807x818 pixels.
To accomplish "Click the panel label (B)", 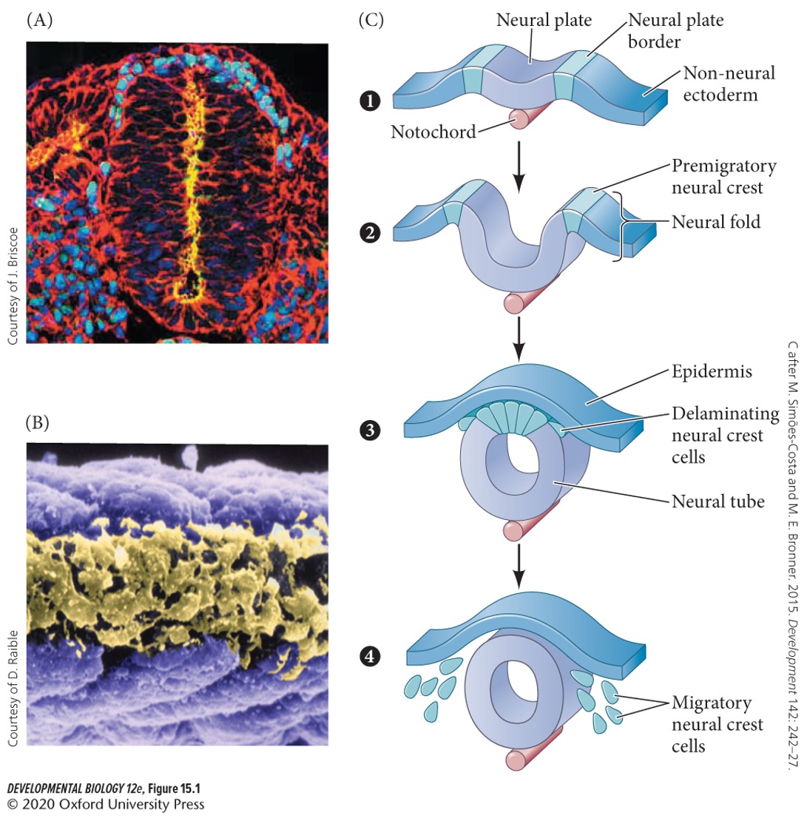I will (x=40, y=403).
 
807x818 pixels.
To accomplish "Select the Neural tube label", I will (x=717, y=482).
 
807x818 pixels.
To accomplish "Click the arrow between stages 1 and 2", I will (x=519, y=172).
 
